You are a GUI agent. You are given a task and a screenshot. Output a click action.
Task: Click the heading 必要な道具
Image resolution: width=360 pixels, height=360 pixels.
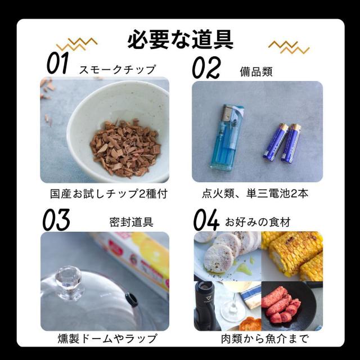point(180,40)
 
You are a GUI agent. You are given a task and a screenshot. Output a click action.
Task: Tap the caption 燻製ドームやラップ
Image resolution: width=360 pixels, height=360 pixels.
point(107,339)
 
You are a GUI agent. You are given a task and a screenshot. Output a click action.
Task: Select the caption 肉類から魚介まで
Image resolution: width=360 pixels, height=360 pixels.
point(258,339)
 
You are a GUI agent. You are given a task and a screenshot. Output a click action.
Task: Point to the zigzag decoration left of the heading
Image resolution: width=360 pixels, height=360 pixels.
point(77,44)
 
